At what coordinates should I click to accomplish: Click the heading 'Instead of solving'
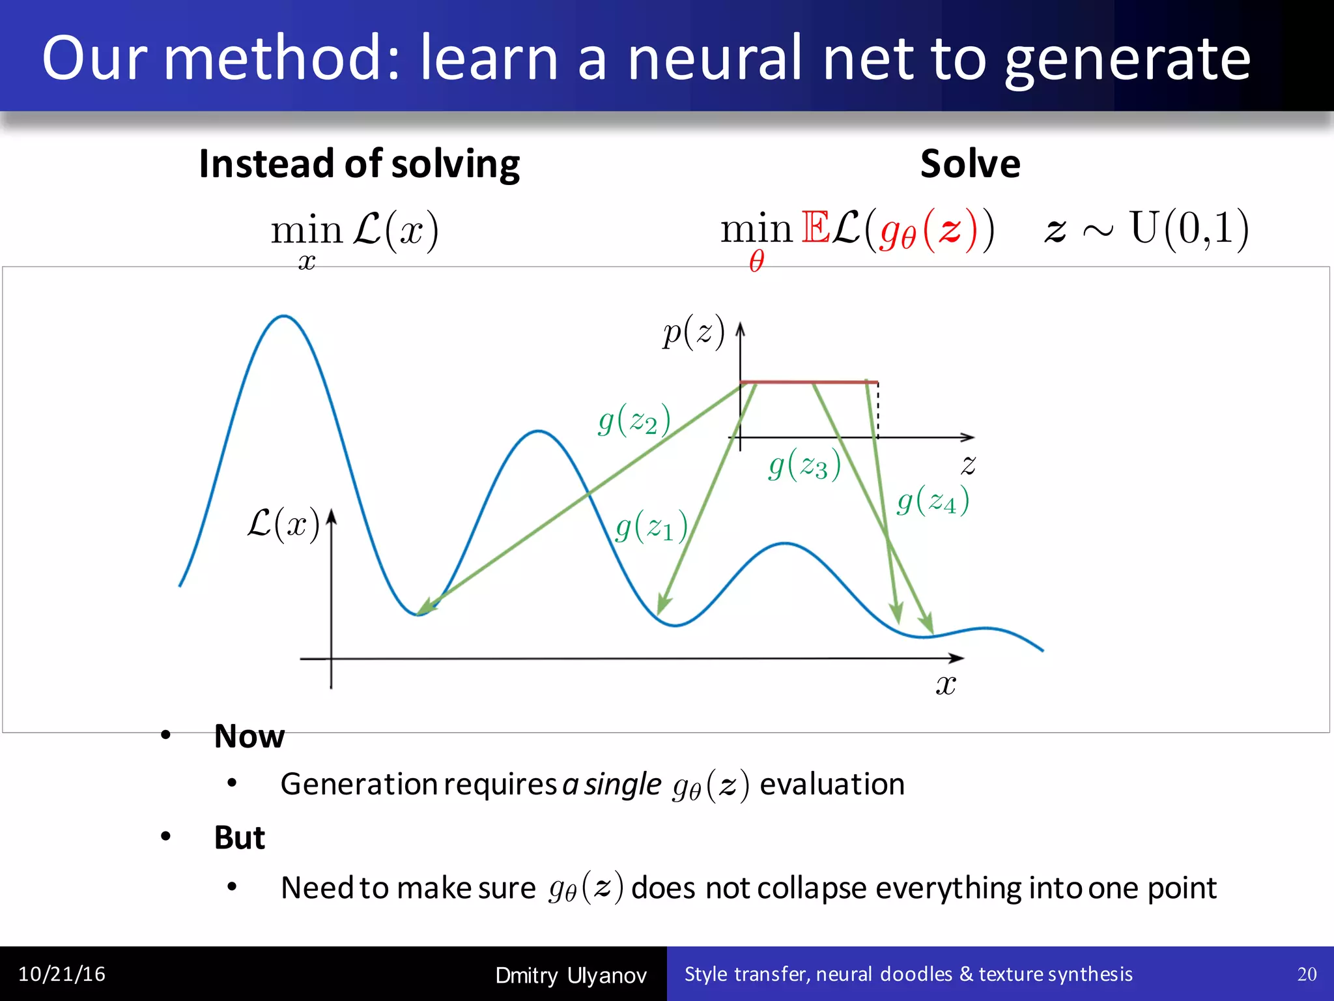pos(359,164)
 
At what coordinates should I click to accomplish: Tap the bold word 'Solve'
pos(970,164)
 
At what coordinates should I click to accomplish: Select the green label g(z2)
pos(634,420)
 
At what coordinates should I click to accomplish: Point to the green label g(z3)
pos(804,466)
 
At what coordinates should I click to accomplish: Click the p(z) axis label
pos(693,332)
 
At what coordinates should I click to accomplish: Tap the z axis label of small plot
pos(968,465)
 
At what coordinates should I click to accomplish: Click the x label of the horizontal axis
pos(946,684)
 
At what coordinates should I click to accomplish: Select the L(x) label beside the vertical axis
pos(283,524)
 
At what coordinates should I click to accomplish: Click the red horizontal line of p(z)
pos(808,382)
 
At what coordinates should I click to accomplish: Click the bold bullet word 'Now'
pos(249,736)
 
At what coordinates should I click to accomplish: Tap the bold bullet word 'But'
pos(239,837)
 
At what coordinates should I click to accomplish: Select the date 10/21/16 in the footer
pos(62,974)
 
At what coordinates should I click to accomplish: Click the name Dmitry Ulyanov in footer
pos(571,976)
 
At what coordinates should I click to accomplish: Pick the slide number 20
pos(1307,974)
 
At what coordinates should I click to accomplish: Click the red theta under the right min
pos(756,262)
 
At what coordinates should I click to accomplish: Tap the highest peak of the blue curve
pos(283,317)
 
